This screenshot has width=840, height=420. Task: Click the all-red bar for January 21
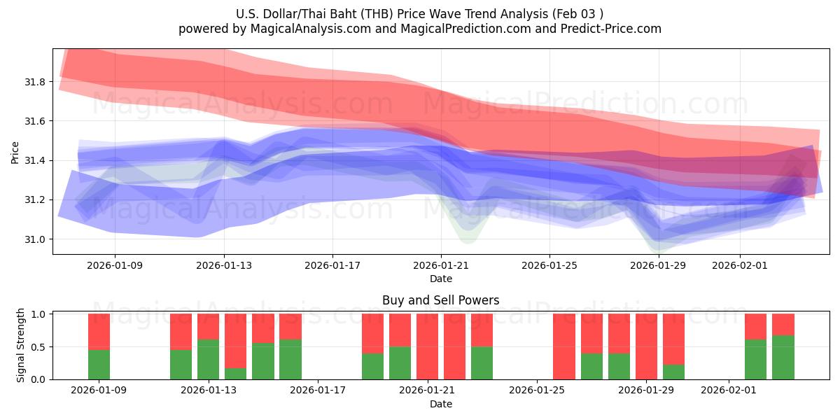pyautogui.click(x=427, y=346)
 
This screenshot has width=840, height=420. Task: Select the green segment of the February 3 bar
pyautogui.click(x=783, y=357)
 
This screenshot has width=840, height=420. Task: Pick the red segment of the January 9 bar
pyautogui.click(x=99, y=331)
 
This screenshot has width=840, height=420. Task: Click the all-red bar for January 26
pyautogui.click(x=564, y=346)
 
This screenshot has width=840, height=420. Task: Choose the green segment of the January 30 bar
pyautogui.click(x=673, y=372)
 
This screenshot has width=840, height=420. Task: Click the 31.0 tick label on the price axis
pyautogui.click(x=35, y=239)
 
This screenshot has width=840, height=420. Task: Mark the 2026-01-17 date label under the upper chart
pyautogui.click(x=332, y=265)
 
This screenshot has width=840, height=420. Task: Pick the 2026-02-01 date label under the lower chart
pyautogui.click(x=729, y=391)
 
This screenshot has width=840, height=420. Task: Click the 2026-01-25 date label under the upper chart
pyautogui.click(x=549, y=265)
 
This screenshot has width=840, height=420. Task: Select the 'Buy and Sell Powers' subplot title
pyautogui.click(x=441, y=300)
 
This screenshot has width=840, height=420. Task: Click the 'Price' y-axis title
pyautogui.click(x=15, y=152)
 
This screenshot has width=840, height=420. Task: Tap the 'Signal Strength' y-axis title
pyautogui.click(x=21, y=345)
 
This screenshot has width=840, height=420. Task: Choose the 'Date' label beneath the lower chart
pyautogui.click(x=441, y=404)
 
